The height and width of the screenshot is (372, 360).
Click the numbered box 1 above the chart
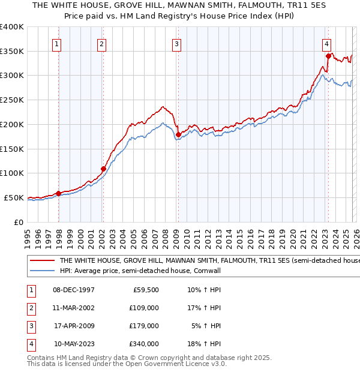click(56, 44)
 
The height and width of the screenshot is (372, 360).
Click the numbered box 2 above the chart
click(102, 44)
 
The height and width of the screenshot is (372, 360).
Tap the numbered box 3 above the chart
click(177, 44)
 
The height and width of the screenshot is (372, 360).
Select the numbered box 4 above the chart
click(326, 44)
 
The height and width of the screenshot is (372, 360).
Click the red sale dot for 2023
click(328, 56)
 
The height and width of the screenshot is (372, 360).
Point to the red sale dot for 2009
click(178, 134)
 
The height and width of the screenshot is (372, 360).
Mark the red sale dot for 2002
click(103, 169)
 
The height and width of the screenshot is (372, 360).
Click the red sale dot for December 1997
click(58, 193)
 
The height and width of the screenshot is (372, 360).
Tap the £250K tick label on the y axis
click(11, 100)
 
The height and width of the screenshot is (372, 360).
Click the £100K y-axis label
click(11, 173)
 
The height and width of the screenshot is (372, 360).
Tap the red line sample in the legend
click(41, 261)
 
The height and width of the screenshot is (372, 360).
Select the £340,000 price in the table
click(144, 344)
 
